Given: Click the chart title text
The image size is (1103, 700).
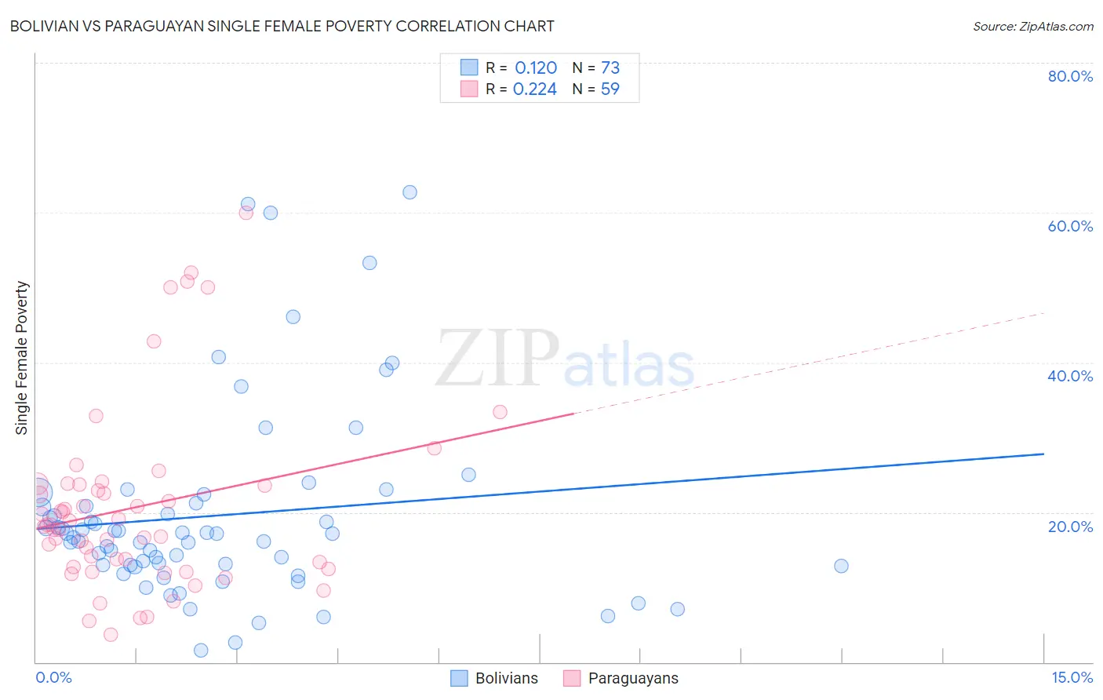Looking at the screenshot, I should click(282, 26).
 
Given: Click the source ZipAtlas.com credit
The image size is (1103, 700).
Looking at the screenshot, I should click(1032, 26).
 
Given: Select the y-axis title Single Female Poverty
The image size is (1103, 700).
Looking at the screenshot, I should click(22, 358).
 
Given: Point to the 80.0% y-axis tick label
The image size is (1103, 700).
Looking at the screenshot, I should click(1070, 76).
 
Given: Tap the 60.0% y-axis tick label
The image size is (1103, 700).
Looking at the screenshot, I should click(1070, 226).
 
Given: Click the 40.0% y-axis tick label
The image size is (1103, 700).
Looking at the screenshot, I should click(1070, 376).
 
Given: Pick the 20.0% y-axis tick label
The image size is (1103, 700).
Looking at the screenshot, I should click(1070, 527).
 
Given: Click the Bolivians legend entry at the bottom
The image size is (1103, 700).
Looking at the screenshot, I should click(495, 678).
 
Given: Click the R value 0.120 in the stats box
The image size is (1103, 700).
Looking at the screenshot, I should click(536, 68).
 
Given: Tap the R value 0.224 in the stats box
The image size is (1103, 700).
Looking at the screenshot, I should click(535, 89).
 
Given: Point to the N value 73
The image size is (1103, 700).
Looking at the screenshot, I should click(610, 68).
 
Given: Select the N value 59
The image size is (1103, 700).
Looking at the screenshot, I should click(610, 89).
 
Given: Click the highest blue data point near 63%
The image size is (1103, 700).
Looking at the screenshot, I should click(410, 192).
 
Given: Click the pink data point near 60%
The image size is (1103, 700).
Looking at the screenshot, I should click(246, 213).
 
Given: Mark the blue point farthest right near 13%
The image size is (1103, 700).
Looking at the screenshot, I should click(841, 566).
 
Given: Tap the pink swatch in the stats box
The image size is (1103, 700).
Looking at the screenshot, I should click(469, 89).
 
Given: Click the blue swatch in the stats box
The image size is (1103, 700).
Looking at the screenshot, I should click(469, 67).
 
